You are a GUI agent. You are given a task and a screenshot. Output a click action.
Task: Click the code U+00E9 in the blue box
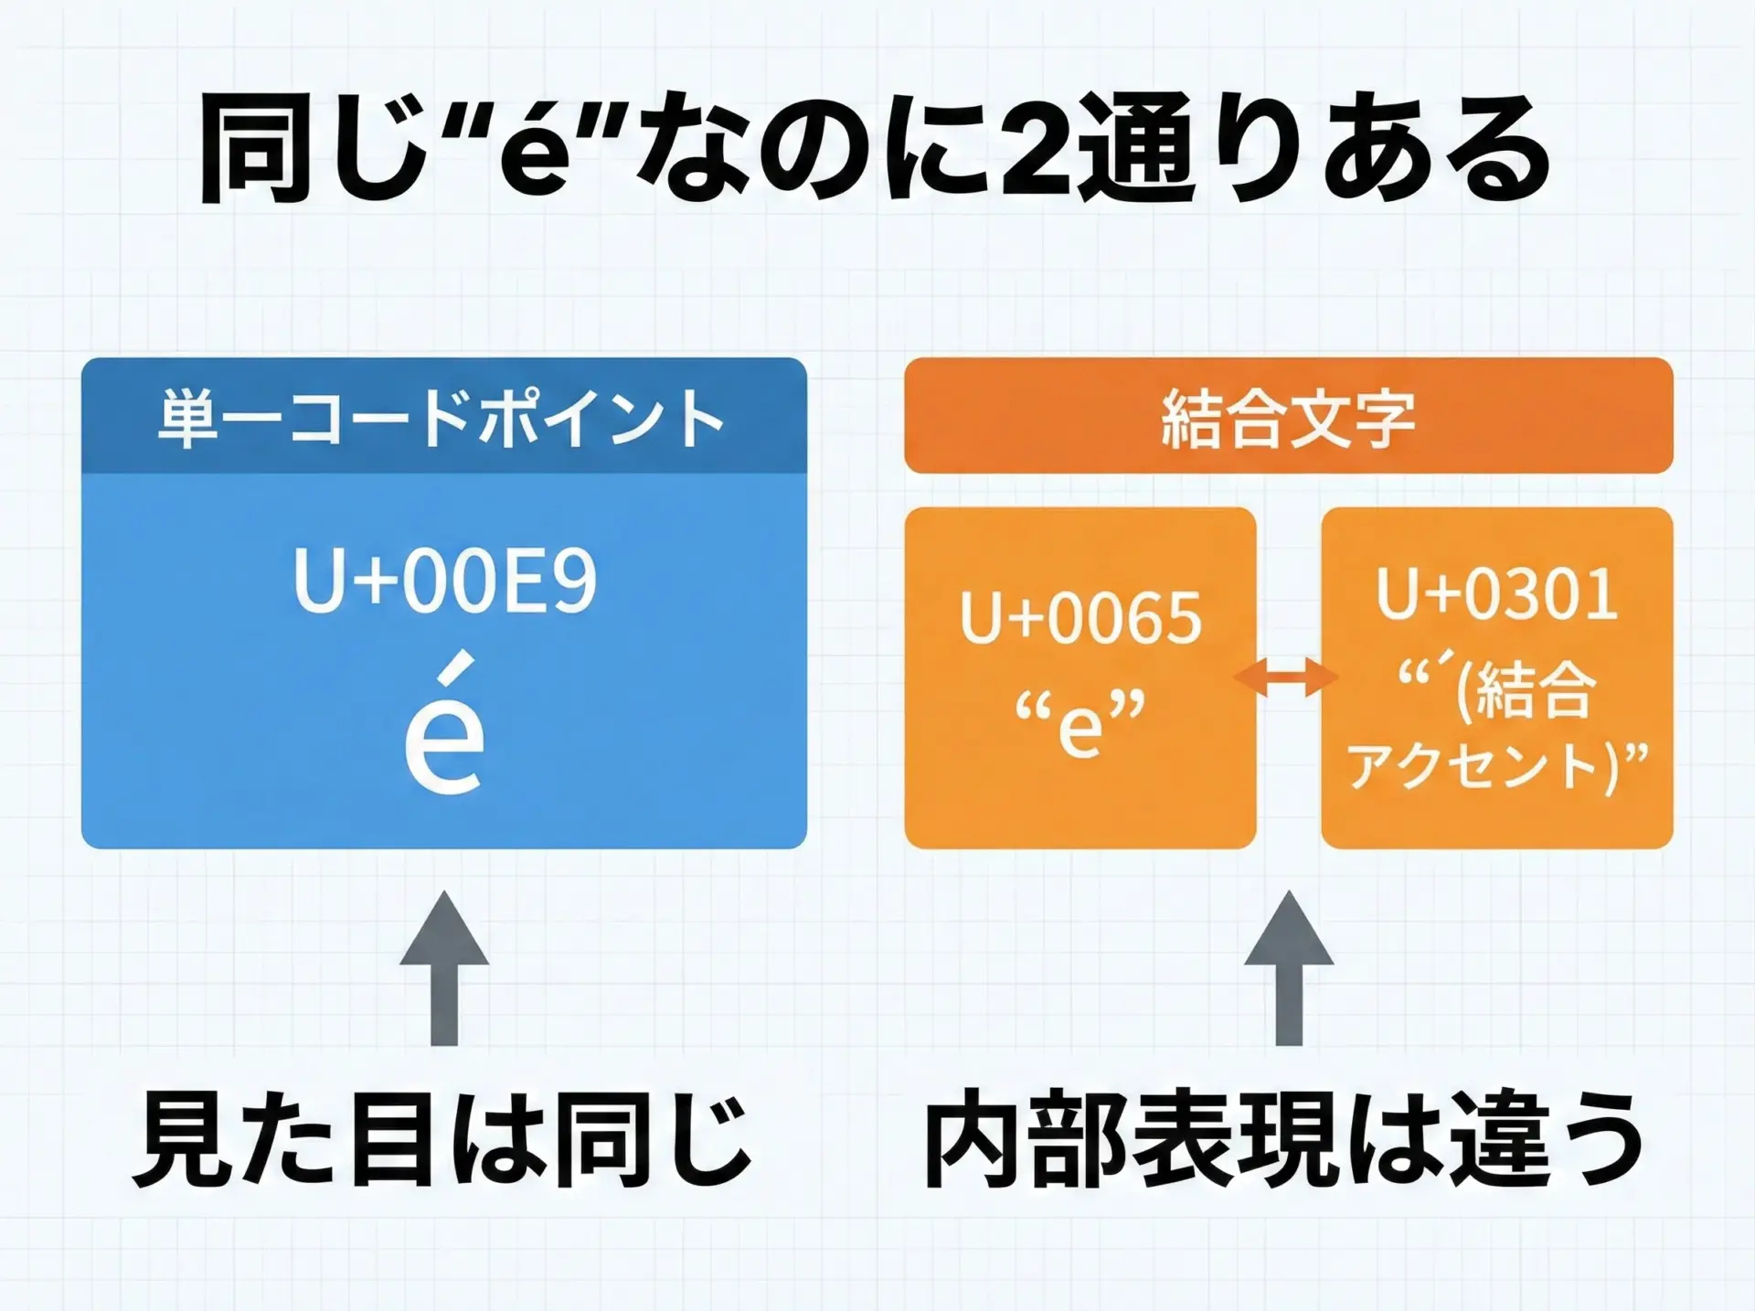(445, 581)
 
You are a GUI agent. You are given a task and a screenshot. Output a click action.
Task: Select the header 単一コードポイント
(442, 419)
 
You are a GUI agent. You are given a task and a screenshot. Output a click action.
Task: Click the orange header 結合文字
(1288, 419)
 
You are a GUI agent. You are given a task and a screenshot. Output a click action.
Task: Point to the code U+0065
(1080, 618)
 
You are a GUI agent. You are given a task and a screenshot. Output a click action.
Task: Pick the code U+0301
(1497, 594)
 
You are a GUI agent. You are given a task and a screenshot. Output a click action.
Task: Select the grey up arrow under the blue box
(444, 969)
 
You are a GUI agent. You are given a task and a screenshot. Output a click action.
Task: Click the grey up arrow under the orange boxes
(1288, 969)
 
